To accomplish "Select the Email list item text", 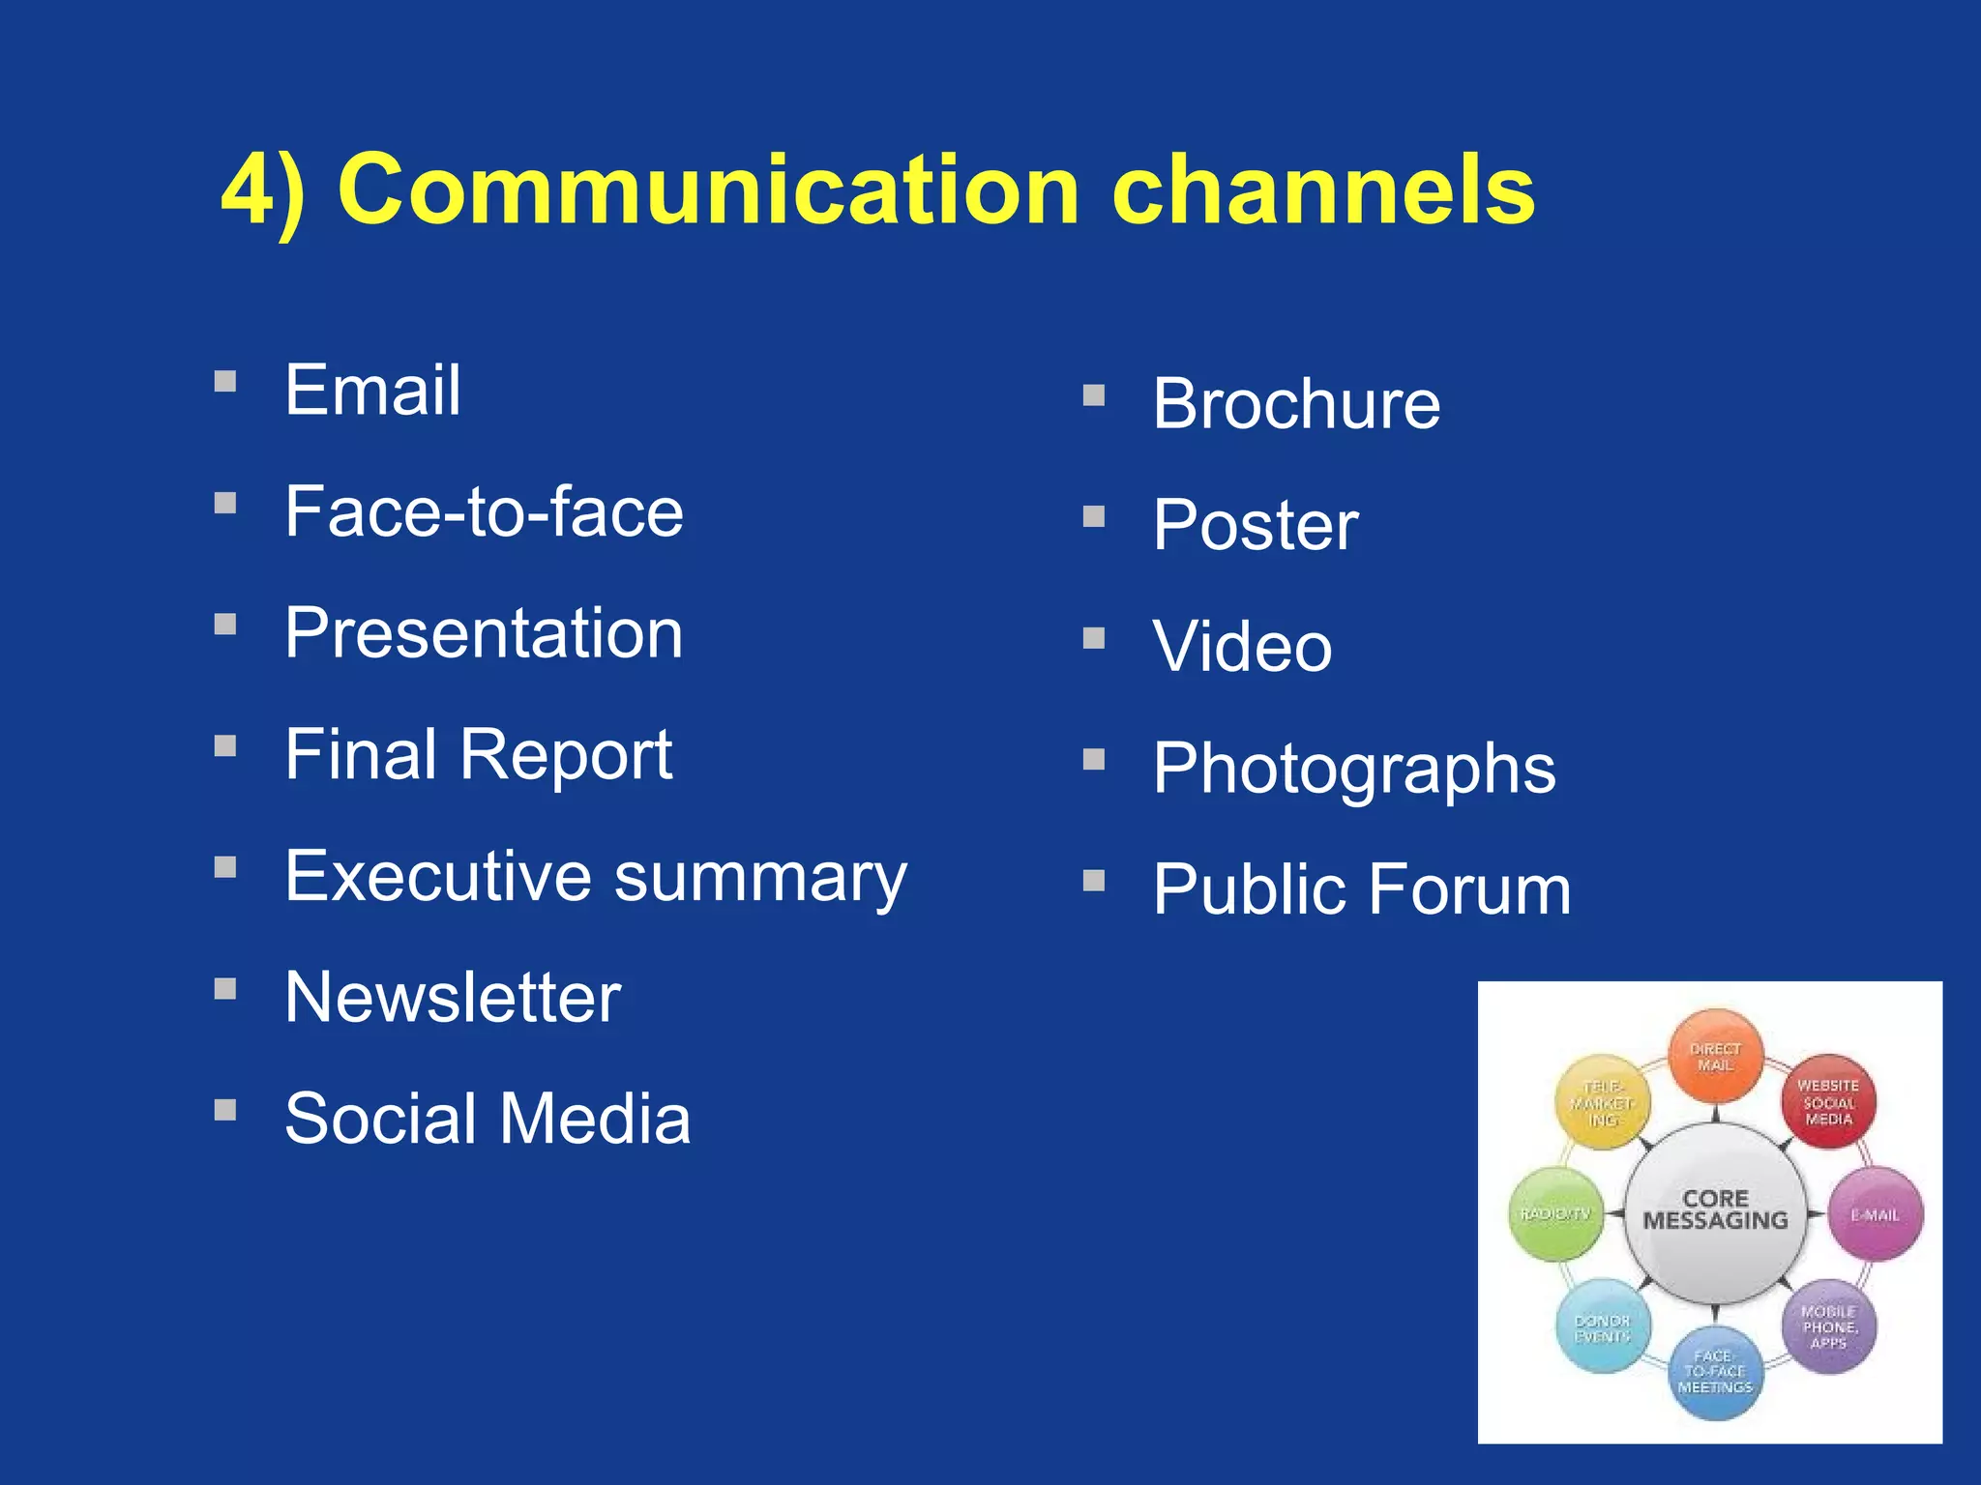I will tap(372, 391).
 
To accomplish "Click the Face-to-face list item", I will tap(484, 512).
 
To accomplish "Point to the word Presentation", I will tap(484, 634).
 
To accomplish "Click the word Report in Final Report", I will tap(566, 755).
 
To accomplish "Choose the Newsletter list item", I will tap(453, 998).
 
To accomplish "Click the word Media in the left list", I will tap(595, 1119).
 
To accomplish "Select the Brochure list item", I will tap(1296, 404).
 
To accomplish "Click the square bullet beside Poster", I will tap(1094, 517).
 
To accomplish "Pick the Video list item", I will tap(1242, 647).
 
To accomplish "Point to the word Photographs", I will tap(1354, 769).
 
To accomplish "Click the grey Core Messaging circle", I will tap(1715, 1212).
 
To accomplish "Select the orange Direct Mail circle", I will tap(1715, 1057).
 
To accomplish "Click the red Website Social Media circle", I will tap(1828, 1102).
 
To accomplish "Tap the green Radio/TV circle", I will tap(1555, 1214).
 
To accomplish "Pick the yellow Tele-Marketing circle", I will tap(1602, 1103).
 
